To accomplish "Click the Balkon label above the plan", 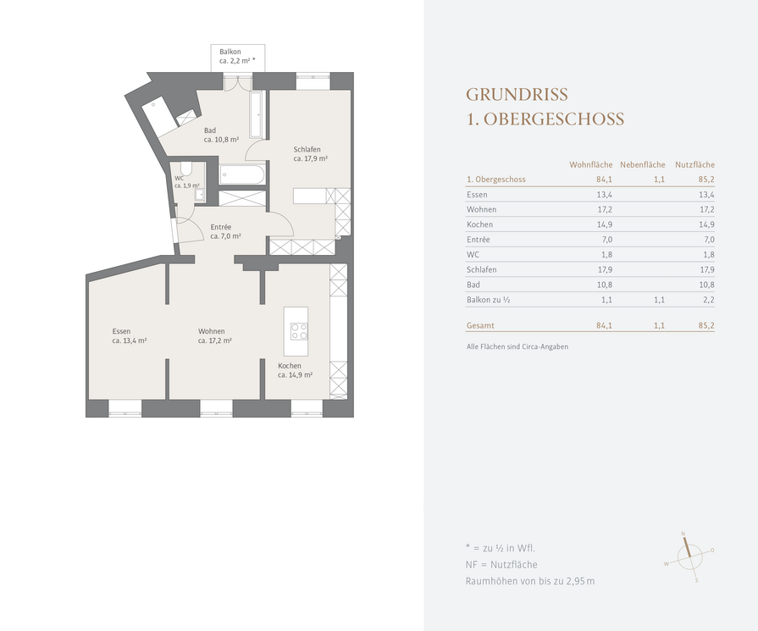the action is tap(230, 52).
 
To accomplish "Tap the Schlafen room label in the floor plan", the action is tap(307, 149).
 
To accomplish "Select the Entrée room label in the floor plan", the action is tap(221, 227).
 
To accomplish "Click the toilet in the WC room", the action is tap(186, 169).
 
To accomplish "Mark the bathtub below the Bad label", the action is tap(242, 174).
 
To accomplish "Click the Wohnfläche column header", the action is tap(591, 164).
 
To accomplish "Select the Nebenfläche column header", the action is tap(643, 164).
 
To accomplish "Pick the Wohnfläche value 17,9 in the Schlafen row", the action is tap(604, 269).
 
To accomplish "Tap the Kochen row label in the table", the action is tap(479, 224).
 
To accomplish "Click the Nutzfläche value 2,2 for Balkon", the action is tap(709, 300).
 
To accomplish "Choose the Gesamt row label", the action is tap(480, 325).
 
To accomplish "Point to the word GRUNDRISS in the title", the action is tap(517, 94).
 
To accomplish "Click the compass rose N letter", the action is tap(683, 534).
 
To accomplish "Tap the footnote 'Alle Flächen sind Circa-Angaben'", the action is tap(517, 346).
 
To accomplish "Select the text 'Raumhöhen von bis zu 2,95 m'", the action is tap(530, 581).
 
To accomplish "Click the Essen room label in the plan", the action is tap(121, 331).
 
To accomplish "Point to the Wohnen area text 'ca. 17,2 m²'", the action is tap(215, 340).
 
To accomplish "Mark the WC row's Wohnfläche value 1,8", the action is tap(606, 254).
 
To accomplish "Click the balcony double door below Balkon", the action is tap(238, 82).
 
